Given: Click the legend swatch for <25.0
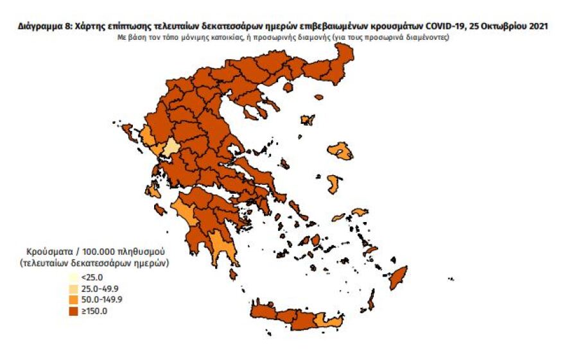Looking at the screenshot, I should click(x=73, y=277).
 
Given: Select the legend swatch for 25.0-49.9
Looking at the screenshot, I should click(x=73, y=287).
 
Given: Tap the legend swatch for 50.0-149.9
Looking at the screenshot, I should click(x=73, y=299).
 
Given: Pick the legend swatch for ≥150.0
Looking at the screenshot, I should click(x=73, y=311).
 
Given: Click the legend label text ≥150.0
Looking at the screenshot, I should click(x=94, y=311).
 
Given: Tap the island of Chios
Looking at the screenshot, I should click(x=333, y=184).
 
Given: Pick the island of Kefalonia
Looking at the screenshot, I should click(x=153, y=191).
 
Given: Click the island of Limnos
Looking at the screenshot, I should click(x=308, y=119).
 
